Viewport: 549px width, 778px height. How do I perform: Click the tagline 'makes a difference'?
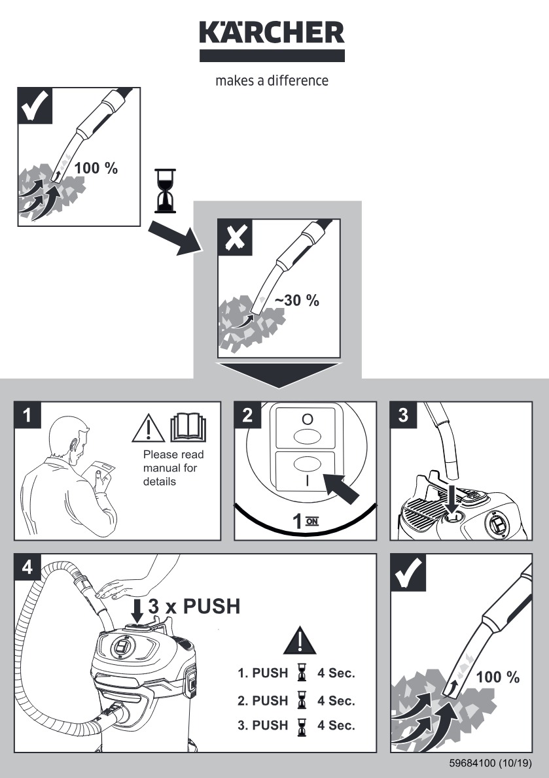272,81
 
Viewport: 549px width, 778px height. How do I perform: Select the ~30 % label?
296,301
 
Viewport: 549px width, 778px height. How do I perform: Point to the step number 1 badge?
27,414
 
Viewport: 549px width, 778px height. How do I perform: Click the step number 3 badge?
403,415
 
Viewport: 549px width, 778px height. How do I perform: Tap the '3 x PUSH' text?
194,607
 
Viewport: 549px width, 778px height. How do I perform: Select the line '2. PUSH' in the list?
262,700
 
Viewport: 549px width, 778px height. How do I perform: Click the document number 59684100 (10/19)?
490,762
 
